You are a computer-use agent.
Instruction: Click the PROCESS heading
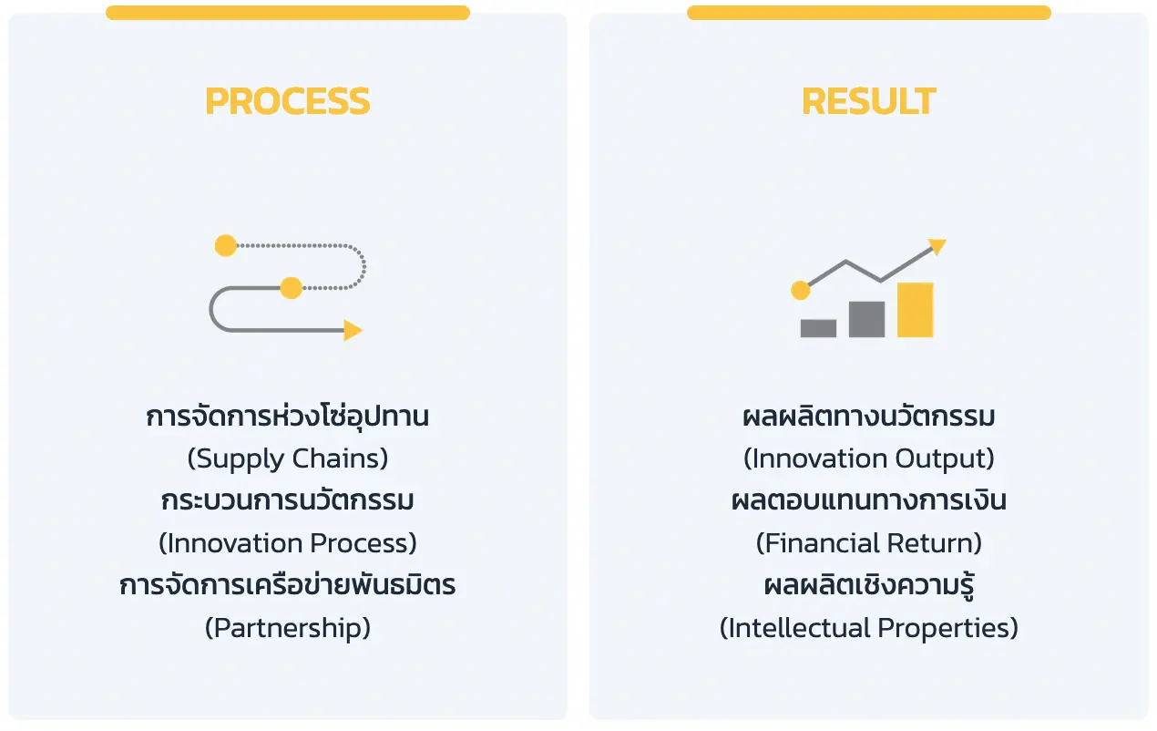tap(288, 101)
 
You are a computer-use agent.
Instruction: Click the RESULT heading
tap(869, 101)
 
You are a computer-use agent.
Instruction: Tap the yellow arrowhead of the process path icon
tap(353, 331)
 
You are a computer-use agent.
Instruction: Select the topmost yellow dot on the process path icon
tap(226, 245)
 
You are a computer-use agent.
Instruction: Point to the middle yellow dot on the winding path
tap(291, 288)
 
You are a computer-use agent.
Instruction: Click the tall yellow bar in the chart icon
tap(915, 310)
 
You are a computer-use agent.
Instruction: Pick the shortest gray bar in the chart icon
tap(818, 328)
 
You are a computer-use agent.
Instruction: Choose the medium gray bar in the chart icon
tap(866, 319)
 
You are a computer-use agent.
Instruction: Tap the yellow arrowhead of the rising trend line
tap(937, 246)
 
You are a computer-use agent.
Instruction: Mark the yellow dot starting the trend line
tap(801, 291)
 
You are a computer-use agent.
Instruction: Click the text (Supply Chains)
tap(288, 458)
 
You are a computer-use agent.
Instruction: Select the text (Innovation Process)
tap(288, 543)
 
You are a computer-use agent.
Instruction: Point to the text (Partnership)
tap(288, 628)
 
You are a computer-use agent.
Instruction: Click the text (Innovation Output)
tap(869, 458)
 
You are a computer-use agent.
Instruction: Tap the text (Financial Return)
tap(869, 543)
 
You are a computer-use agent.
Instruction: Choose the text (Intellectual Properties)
tap(869, 628)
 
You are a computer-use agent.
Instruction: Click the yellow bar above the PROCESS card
tap(288, 13)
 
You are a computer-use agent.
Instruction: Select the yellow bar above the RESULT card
tap(869, 13)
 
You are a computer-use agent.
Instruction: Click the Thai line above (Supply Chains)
tap(288, 416)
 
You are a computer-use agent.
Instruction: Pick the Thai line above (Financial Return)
tap(869, 500)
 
